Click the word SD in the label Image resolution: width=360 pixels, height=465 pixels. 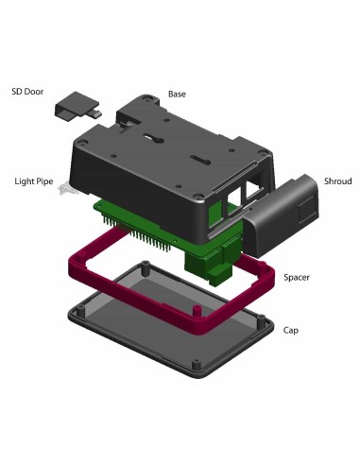click(x=17, y=94)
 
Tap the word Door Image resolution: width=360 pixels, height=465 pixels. click(x=35, y=94)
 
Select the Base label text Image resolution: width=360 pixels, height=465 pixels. click(x=177, y=95)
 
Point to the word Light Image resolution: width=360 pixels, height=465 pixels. click(x=25, y=181)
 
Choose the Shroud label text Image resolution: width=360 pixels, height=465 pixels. click(x=338, y=180)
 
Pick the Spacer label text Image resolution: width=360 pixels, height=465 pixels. click(x=298, y=278)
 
